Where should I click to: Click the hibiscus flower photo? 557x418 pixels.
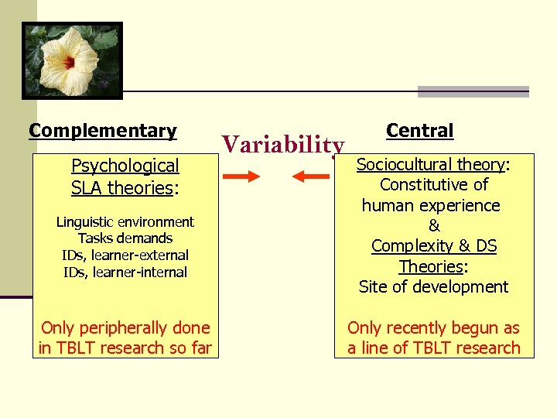[72, 60]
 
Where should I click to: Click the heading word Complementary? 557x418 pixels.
[103, 131]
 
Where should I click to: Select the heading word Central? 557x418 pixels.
[419, 131]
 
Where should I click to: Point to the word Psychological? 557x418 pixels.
[125, 166]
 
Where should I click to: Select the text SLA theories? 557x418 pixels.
[121, 187]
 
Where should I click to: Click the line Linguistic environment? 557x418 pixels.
[125, 222]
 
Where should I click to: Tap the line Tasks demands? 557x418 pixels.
[125, 238]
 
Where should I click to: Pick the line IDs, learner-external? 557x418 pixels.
[125, 255]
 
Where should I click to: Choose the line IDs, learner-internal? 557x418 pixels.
[125, 272]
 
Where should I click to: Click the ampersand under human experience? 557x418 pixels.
[434, 226]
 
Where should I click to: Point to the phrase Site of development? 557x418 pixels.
[433, 286]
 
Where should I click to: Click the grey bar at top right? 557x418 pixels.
[473, 91]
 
